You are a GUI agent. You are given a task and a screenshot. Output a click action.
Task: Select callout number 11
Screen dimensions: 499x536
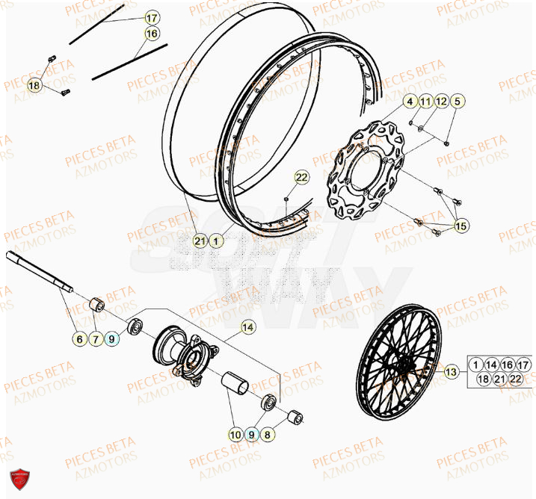point(426,102)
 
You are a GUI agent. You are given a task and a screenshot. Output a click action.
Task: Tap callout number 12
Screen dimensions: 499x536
point(441,102)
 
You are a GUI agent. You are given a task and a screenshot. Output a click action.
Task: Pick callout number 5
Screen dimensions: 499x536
point(458,102)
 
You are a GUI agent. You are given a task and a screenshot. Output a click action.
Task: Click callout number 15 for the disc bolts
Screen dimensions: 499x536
point(460,226)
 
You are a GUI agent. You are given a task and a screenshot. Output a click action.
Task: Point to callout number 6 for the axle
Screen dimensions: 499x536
point(80,339)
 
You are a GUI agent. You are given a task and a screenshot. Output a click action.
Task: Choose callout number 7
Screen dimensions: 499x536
point(96,339)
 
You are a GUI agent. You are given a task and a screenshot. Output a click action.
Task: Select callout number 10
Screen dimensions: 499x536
point(236,433)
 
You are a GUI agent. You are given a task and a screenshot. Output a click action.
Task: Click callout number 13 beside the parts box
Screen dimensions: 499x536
point(450,371)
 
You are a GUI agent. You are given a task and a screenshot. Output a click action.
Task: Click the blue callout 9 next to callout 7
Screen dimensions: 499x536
point(112,339)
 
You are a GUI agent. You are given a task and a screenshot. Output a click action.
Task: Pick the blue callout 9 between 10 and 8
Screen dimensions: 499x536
point(253,433)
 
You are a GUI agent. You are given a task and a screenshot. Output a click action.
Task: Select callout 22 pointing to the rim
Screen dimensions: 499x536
point(301,177)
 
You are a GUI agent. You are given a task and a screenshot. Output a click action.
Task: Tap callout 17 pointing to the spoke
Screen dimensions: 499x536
point(152,17)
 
